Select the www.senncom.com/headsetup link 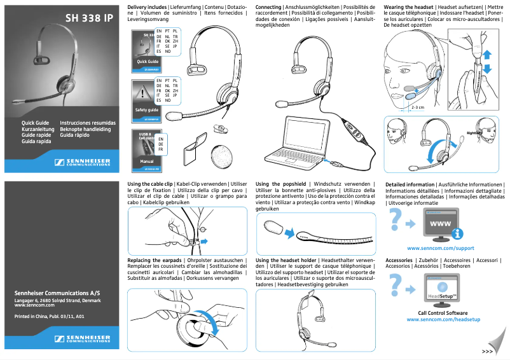443,319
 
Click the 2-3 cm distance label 417,107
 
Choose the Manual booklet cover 146,151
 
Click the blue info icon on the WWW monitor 457,233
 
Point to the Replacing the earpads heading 155,261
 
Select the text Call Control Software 443,312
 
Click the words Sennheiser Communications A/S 57,293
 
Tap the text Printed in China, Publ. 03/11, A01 50,316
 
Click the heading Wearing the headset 408,6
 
